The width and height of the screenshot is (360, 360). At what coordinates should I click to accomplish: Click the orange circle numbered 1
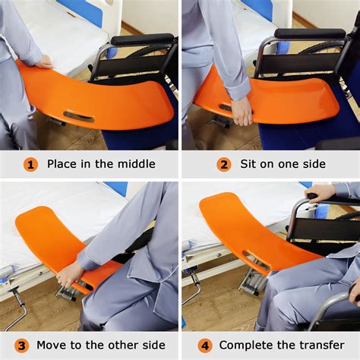click(x=30, y=164)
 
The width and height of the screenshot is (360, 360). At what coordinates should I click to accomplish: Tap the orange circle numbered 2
click(x=224, y=164)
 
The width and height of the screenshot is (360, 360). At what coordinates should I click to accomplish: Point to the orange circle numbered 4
click(x=205, y=345)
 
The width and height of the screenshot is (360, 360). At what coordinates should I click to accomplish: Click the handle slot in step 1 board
click(x=80, y=116)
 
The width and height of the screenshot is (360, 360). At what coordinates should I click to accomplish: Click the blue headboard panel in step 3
click(x=115, y=188)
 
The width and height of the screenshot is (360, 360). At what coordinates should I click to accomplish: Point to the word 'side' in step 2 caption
click(x=311, y=164)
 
